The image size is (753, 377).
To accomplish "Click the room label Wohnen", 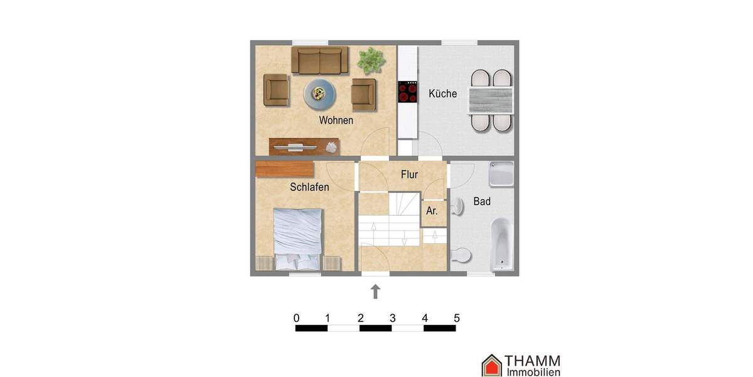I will (336, 120).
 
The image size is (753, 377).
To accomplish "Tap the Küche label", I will (442, 94).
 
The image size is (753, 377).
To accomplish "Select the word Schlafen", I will (309, 187).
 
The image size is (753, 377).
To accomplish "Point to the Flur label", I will (409, 175).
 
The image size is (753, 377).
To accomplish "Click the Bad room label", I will (482, 202).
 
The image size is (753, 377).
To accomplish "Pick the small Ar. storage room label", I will (432, 211).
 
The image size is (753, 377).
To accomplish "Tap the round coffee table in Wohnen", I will (319, 94).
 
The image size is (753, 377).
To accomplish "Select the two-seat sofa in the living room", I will (319, 60).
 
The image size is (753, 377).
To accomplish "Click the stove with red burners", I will (408, 92).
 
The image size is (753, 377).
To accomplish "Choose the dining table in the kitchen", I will (491, 101).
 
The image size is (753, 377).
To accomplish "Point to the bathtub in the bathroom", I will (502, 244).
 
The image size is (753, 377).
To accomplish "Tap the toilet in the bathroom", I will (461, 255).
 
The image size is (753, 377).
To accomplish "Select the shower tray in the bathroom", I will (501, 173).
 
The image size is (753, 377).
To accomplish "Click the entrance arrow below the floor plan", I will (375, 291).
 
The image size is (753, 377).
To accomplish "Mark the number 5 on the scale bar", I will (456, 318).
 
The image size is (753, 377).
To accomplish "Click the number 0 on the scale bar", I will (296, 318).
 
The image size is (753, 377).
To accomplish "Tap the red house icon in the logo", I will (491, 365).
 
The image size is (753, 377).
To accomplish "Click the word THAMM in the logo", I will (533, 361).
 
